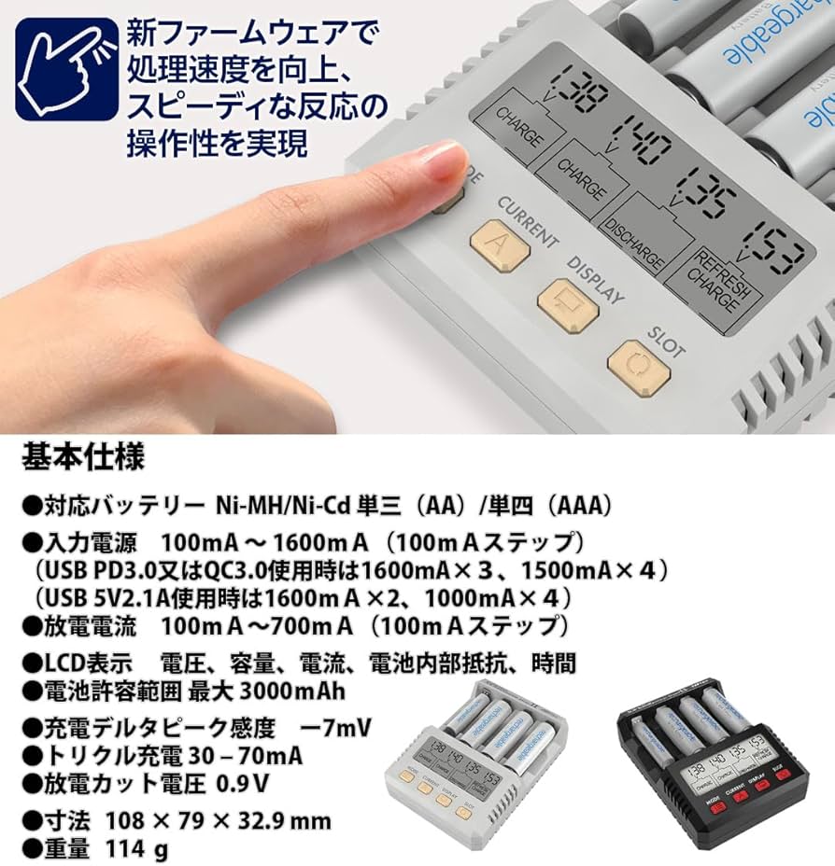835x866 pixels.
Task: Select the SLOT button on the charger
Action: click(639, 363)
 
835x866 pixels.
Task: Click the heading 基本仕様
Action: click(83, 459)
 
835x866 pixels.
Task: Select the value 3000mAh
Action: click(292, 692)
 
